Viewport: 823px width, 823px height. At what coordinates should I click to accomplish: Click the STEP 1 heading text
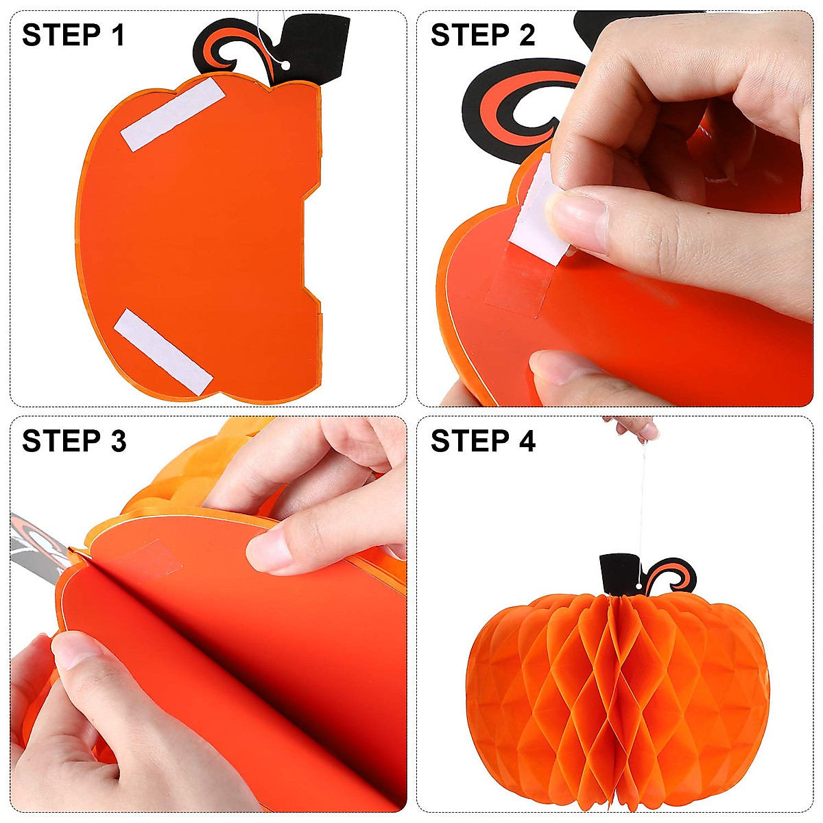tap(73, 35)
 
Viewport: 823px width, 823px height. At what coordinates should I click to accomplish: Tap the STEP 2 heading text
tap(482, 35)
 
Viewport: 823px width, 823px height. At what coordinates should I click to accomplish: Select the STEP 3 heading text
tap(74, 441)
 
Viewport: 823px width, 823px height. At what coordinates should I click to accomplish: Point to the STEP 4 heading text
tap(483, 441)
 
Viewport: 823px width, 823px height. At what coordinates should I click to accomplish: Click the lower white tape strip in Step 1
tap(163, 351)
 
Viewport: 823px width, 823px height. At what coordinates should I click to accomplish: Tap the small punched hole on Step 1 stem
tap(285, 65)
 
